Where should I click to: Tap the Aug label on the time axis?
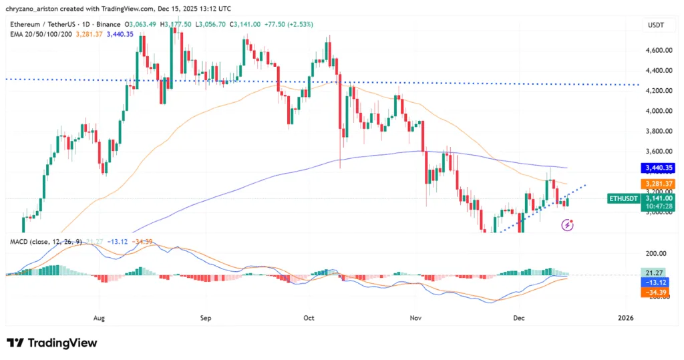pos(100,318)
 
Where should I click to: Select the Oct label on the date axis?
pos(308,318)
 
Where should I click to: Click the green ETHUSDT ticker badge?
pos(624,198)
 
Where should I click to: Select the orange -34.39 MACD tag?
pos(654,293)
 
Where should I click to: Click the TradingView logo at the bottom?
pos(52,343)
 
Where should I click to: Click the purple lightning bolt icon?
pos(567,226)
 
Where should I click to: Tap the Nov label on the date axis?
pos(415,318)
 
